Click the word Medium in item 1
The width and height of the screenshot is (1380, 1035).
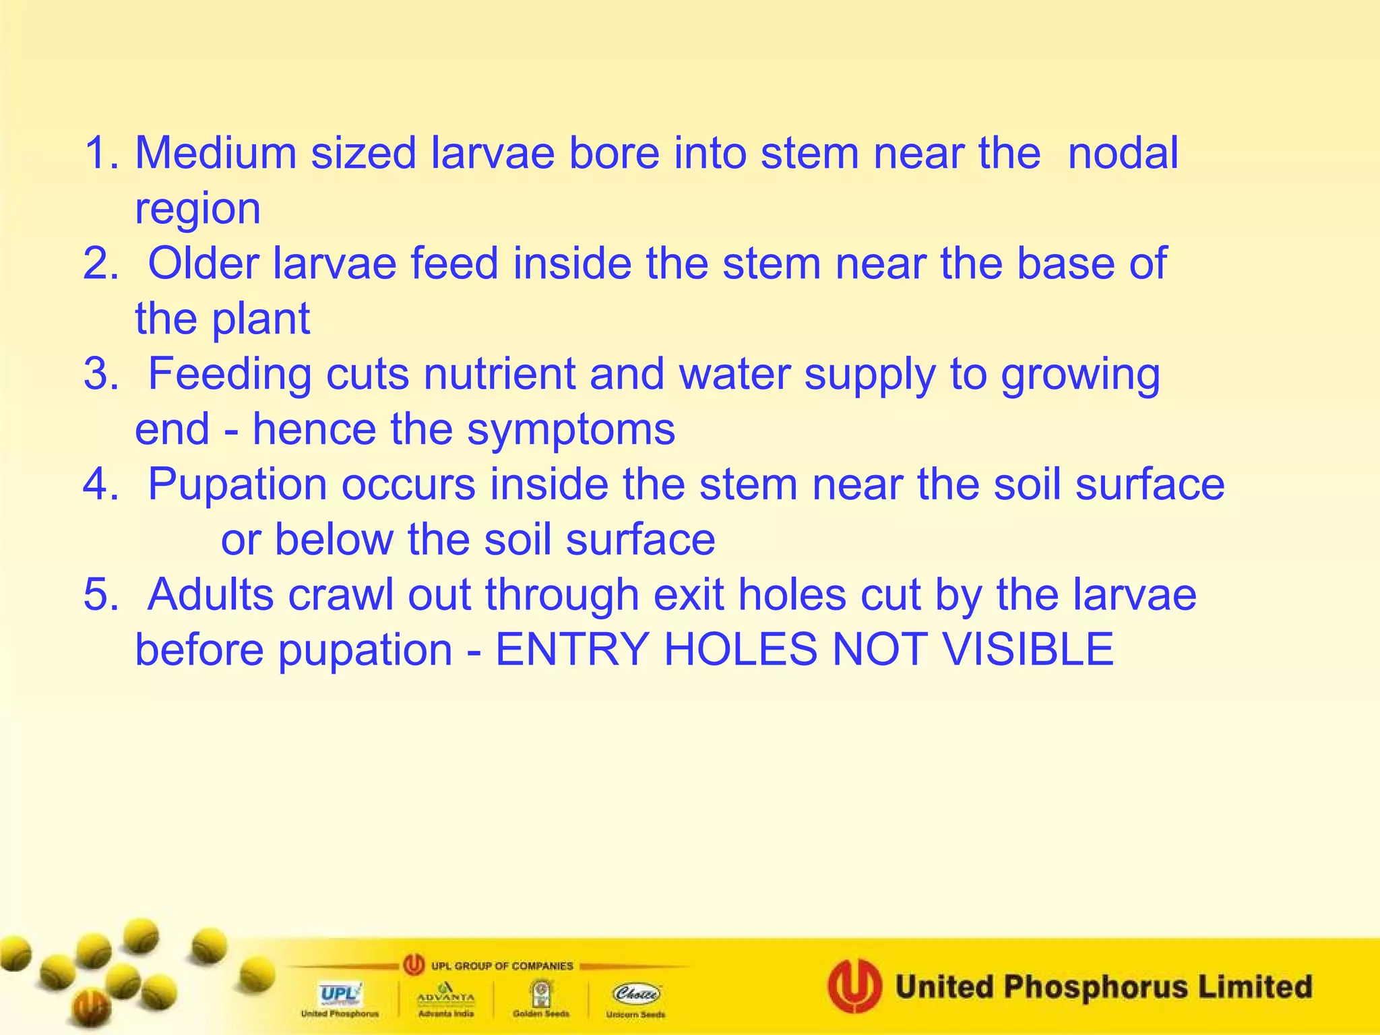(216, 153)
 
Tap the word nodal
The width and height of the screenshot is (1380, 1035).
(1123, 153)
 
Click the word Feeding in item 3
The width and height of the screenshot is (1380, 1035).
(230, 375)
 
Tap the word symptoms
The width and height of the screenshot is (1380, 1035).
(571, 430)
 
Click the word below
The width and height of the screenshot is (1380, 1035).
(334, 540)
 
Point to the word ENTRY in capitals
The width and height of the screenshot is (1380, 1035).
(572, 650)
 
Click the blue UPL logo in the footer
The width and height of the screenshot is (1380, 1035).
(340, 994)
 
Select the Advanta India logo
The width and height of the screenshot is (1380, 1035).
(445, 995)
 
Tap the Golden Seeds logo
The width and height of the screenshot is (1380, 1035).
(540, 994)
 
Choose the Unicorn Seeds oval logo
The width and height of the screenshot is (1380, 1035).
(636, 994)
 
